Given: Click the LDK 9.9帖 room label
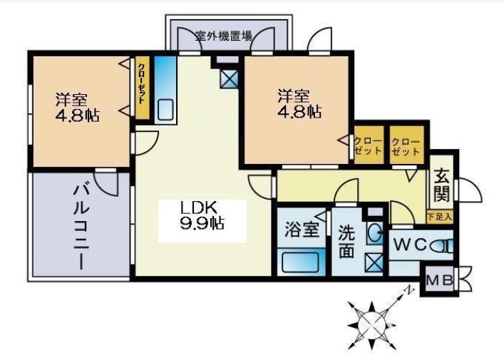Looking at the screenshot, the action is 202,215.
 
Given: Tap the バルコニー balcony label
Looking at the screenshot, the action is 81,227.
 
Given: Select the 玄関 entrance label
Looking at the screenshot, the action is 442,188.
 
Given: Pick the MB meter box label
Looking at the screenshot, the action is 439,281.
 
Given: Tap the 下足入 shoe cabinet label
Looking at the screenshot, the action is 440,217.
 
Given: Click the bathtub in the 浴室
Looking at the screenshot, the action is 301,262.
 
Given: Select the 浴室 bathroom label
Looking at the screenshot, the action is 302,230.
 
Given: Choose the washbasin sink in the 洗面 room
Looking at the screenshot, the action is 374,232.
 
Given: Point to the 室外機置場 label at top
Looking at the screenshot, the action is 224,36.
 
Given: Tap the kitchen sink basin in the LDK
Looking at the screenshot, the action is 165,109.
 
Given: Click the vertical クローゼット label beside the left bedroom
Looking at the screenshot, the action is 141,83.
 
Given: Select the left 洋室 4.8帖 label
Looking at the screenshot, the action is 77,107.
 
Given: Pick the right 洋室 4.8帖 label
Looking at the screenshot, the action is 299,103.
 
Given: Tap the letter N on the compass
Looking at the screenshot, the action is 408,290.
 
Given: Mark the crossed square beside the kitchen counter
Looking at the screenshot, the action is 229,78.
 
